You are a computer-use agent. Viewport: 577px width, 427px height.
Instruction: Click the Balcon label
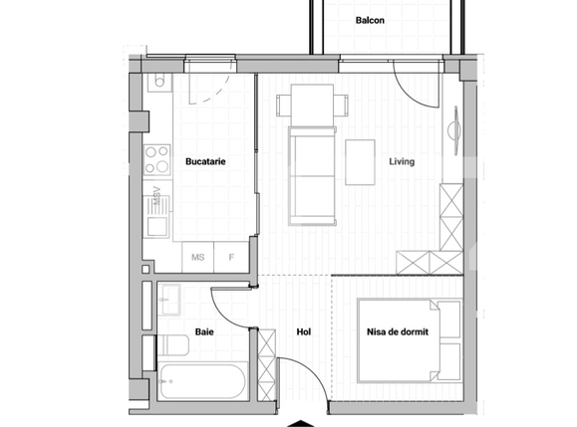tap(370, 20)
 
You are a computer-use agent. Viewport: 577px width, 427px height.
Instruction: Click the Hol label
tap(306, 333)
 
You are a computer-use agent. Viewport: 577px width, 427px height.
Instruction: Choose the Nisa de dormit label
tap(398, 333)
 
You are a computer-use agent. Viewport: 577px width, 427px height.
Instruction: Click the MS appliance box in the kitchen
tap(198, 258)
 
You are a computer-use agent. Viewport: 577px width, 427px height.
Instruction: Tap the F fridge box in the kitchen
tap(231, 258)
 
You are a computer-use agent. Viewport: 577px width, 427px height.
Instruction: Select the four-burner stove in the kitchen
tap(156, 158)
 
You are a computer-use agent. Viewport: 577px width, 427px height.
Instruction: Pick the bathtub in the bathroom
tap(202, 382)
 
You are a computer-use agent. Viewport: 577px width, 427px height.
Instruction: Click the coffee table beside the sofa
tap(360, 162)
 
